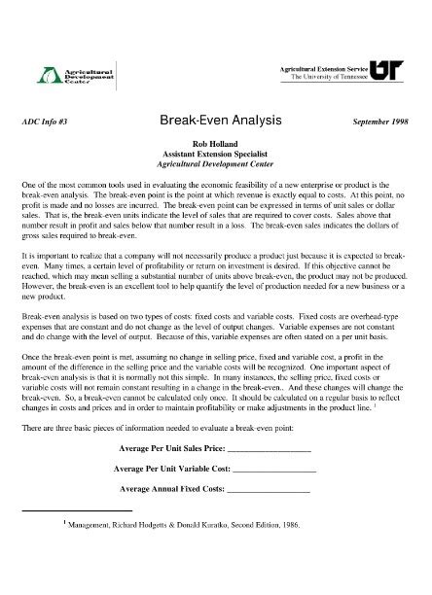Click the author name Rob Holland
click(216, 144)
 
